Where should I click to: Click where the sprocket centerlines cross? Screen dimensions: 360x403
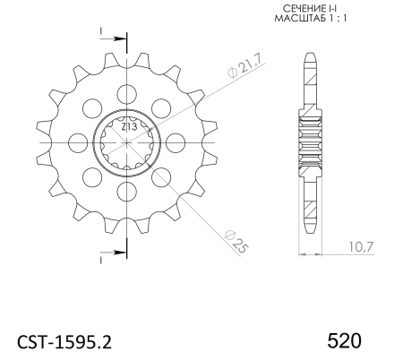tap(127, 141)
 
